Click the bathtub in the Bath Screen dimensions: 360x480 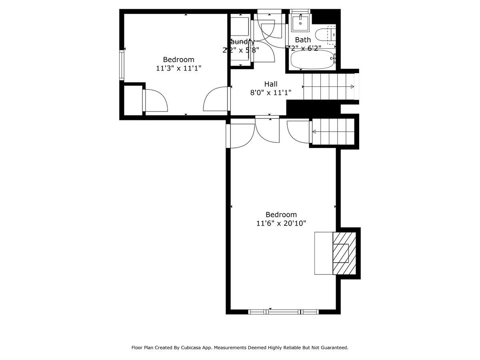pos(312,60)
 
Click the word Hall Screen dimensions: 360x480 pos(271,84)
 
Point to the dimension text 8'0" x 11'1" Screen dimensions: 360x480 pos(271,93)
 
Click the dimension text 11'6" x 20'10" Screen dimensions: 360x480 pos(281,223)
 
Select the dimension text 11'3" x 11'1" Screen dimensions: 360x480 pos(178,68)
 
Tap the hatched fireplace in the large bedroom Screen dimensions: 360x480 pos(344,253)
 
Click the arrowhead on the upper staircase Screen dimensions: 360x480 pos(352,87)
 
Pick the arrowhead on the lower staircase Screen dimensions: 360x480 pos(314,132)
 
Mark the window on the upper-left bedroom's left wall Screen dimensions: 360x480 pos(122,65)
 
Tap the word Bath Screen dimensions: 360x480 pos(303,40)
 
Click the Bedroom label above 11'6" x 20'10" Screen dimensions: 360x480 pos(281,214)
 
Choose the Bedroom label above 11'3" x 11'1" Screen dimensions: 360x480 pos(178,60)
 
